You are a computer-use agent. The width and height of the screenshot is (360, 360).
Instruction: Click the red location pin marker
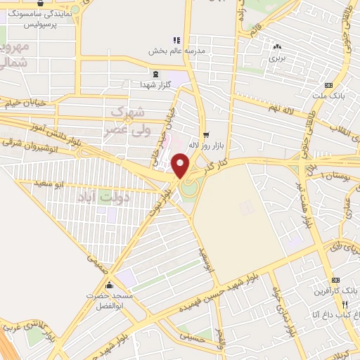pos(181,165)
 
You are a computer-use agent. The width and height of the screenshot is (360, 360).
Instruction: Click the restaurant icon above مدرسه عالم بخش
pos(176,41)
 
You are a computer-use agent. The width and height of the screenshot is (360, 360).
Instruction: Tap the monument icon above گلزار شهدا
pos(153,74)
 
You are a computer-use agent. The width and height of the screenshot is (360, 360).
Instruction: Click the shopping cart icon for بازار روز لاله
pos(205,135)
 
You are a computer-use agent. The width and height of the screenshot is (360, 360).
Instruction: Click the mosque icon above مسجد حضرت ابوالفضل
pos(109,285)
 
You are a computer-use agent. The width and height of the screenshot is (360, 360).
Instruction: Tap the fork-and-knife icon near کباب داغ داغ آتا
pos(345,304)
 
